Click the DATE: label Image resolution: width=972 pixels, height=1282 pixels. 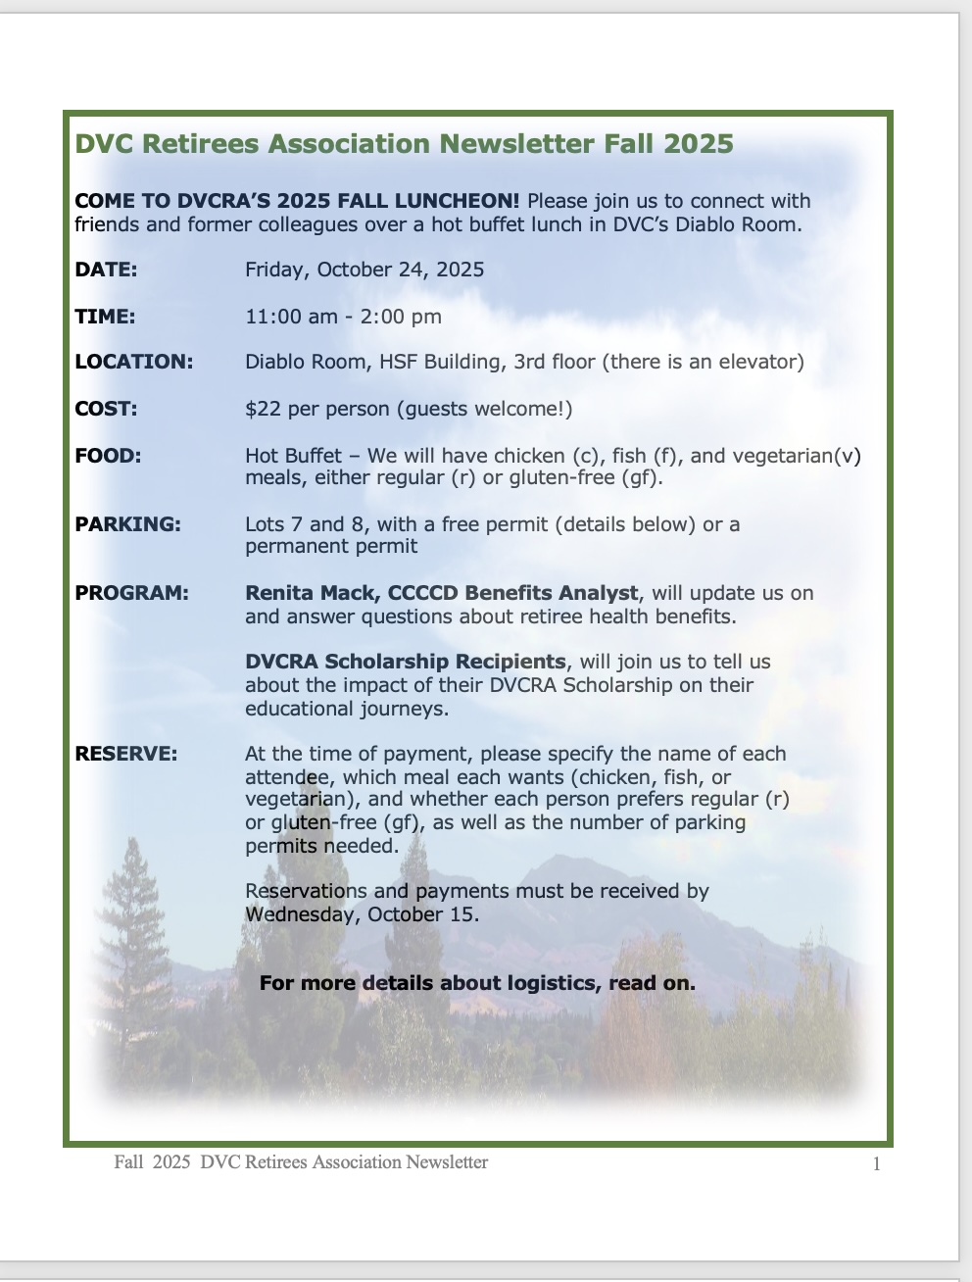[106, 270]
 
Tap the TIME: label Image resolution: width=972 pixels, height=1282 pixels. [105, 317]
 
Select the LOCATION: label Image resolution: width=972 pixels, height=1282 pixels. [133, 362]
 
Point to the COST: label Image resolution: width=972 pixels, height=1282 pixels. [106, 409]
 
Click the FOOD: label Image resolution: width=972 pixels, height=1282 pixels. [108, 456]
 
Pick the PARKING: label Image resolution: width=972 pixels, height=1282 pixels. [127, 524]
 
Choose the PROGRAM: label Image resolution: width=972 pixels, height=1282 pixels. [131, 593]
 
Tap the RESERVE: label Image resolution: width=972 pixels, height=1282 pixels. [126, 754]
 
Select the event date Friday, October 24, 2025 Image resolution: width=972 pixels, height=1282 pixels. [364, 270]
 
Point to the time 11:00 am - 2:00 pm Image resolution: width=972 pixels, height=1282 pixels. [343, 317]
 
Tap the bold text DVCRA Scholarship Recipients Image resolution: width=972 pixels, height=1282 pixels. [405, 662]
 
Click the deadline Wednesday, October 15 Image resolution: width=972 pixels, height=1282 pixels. [362, 914]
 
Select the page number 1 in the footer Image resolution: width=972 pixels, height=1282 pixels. [876, 1164]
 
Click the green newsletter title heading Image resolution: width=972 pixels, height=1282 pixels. [404, 144]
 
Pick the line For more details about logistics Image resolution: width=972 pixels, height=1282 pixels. [477, 983]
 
